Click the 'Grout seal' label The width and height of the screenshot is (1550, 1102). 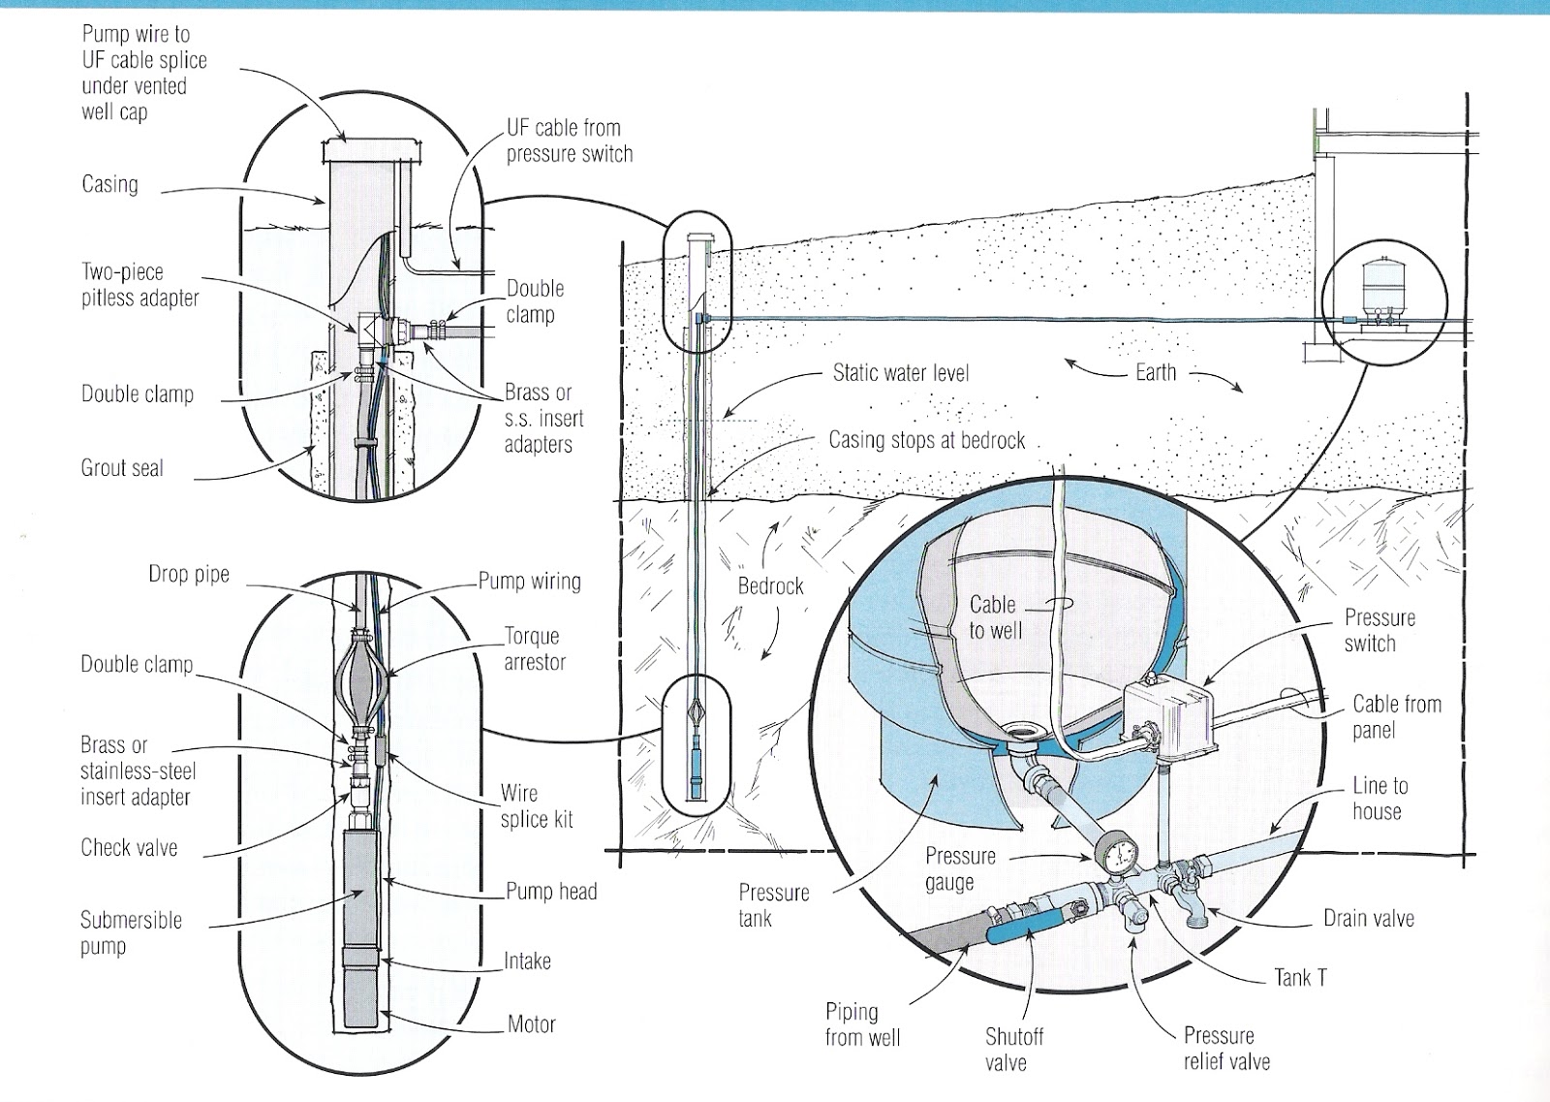122,469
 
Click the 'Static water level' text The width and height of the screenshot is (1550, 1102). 900,373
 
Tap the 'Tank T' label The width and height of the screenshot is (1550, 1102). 1300,978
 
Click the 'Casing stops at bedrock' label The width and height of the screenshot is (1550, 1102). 926,441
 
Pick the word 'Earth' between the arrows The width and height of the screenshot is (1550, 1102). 1155,373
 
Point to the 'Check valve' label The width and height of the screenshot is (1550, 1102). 129,848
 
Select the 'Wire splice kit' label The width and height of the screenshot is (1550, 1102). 536,806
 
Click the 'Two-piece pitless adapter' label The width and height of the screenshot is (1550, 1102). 140,285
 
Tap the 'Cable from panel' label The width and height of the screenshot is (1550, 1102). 1396,716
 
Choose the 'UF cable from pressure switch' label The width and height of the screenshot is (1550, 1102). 570,141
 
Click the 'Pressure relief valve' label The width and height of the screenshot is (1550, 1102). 1225,1048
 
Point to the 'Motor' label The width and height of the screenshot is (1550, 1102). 532,1024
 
